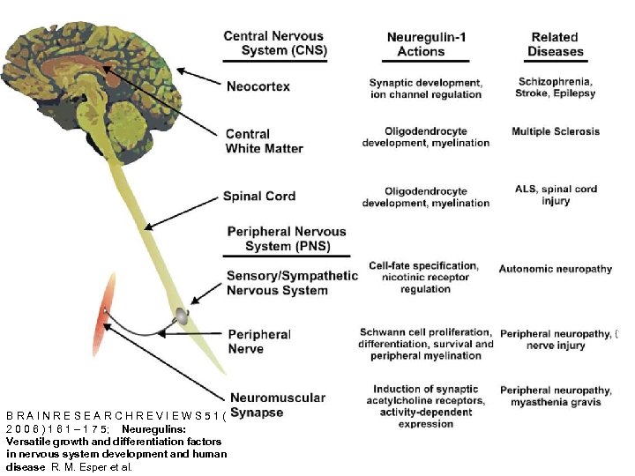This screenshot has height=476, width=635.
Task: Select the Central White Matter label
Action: [264, 141]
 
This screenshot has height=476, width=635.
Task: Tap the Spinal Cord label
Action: [258, 197]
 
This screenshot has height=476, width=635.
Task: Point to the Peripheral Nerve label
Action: [258, 341]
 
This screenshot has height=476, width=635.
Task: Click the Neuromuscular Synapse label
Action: [277, 405]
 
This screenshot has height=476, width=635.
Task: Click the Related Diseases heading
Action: [554, 44]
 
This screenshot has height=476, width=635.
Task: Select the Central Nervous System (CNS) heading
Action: [275, 43]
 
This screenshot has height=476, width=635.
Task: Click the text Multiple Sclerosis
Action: [555, 131]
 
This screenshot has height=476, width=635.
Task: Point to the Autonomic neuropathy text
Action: [555, 269]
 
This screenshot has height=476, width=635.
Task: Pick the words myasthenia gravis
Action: [556, 402]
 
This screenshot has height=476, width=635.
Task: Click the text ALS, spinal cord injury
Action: [555, 195]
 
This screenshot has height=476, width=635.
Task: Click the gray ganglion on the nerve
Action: [180, 314]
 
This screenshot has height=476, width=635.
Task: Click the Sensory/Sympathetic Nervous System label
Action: [292, 283]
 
